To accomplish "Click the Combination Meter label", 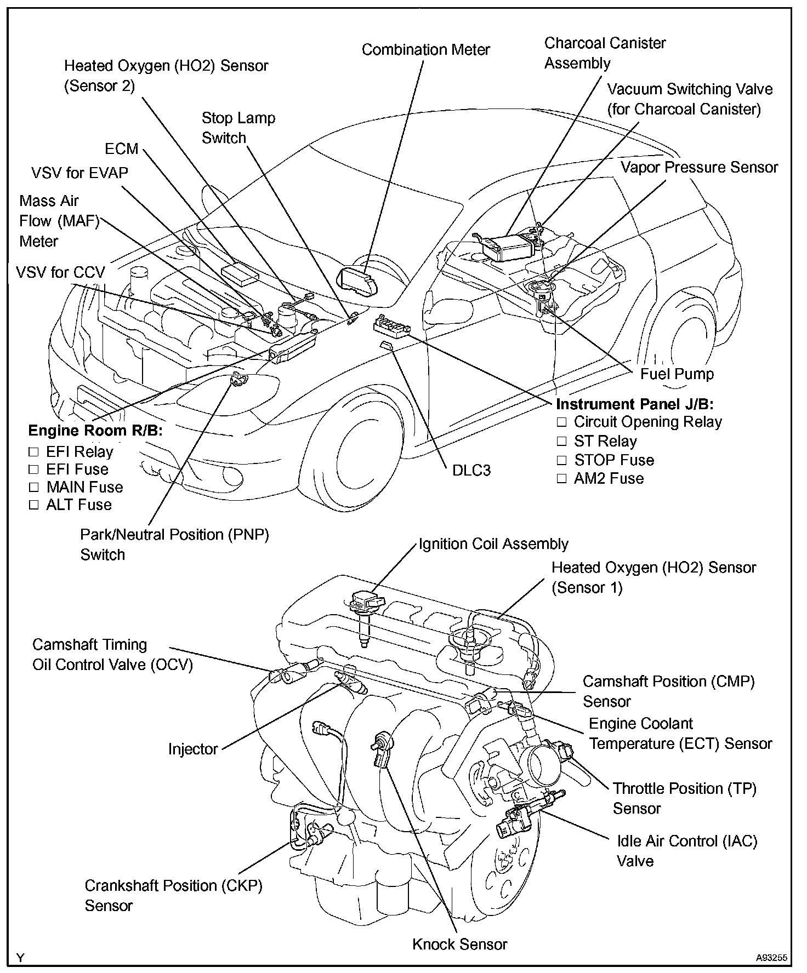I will [x=425, y=50].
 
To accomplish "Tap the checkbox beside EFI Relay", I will [x=34, y=452].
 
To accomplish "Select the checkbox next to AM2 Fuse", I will [x=561, y=478].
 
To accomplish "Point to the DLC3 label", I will [x=471, y=470].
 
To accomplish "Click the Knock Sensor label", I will [x=459, y=944].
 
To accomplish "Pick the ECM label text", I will [x=122, y=149].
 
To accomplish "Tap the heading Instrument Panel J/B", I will [x=635, y=404].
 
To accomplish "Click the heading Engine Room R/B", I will [x=95, y=431].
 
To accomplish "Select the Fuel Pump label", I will [x=677, y=374].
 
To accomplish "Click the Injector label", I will [x=193, y=749].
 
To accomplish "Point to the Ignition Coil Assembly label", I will [x=493, y=544].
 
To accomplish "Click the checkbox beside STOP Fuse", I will [x=561, y=460].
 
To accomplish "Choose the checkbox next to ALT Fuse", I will [x=34, y=505].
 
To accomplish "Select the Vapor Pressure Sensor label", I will [x=699, y=168].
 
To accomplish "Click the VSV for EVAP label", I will [x=79, y=173].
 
